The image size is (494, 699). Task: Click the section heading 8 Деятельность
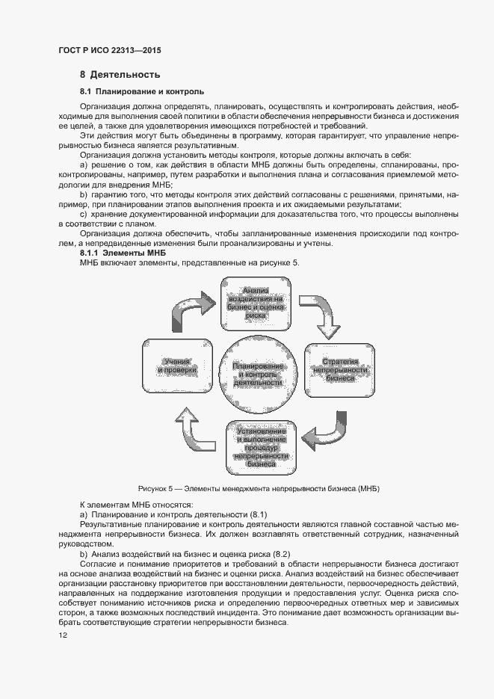coord(120,76)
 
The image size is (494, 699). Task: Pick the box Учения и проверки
coord(177,366)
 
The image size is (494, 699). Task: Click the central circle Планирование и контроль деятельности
coord(257,373)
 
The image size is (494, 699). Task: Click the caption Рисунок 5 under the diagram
coord(254,488)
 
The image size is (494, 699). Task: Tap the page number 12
coord(64,635)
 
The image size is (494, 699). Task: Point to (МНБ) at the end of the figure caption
coord(369,488)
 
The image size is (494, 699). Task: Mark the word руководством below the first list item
coord(83,544)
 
